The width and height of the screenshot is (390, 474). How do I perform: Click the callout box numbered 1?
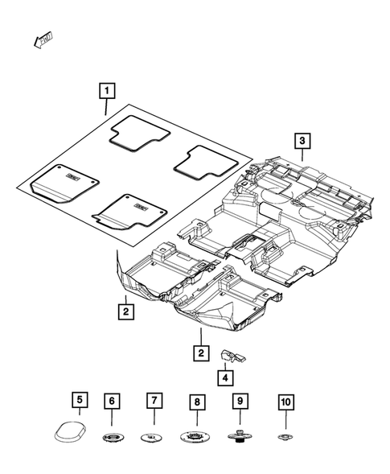click(x=106, y=91)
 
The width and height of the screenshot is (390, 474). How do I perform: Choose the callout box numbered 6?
click(x=113, y=400)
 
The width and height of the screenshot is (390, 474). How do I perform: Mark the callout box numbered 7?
click(x=151, y=400)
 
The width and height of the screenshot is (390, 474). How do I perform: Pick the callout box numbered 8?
click(x=195, y=400)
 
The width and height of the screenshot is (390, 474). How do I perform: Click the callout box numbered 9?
click(x=239, y=400)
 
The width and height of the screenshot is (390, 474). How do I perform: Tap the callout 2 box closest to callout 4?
click(x=200, y=352)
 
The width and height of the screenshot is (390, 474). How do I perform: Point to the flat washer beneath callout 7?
click(x=151, y=438)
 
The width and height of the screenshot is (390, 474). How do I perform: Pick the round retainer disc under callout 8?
click(x=195, y=437)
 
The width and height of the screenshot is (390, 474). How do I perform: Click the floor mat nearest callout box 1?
click(x=138, y=134)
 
